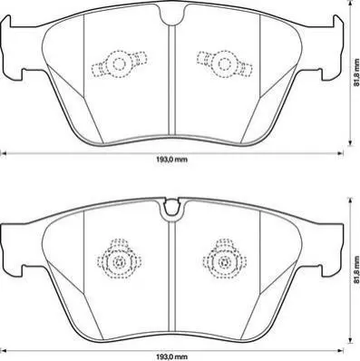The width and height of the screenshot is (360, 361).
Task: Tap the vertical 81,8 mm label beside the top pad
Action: (357, 72)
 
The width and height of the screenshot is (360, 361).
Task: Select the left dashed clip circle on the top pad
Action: (119, 64)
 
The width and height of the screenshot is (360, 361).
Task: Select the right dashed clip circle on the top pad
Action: (224, 64)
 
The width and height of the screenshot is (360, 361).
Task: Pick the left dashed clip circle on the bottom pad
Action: (118, 261)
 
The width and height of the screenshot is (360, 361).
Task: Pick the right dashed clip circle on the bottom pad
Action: (224, 261)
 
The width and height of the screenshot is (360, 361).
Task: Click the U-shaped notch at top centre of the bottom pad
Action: (171, 209)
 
